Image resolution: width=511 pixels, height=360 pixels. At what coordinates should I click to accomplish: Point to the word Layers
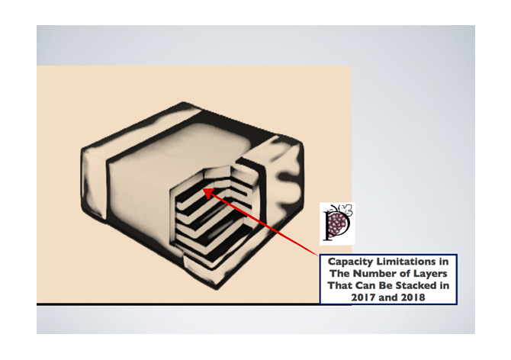(x=430, y=274)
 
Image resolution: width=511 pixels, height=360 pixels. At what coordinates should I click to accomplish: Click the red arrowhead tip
(x=203, y=188)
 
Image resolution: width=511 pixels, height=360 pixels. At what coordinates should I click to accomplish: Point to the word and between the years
(x=387, y=297)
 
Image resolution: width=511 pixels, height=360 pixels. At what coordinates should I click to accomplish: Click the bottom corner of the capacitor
(x=217, y=288)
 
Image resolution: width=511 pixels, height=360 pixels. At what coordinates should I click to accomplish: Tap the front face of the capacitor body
(x=140, y=202)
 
